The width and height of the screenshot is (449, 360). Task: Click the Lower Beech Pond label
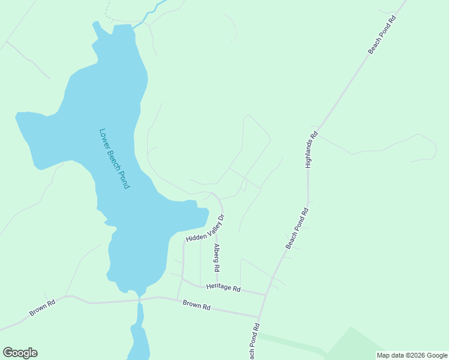coord(114,159)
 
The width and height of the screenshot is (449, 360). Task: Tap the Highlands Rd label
coord(310,150)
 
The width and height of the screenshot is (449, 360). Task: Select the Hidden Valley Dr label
coord(205,229)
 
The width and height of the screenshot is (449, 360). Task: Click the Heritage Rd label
coord(223,289)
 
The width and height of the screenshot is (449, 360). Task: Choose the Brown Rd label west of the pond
coord(43,308)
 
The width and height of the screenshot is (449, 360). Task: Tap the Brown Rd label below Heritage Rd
coord(197,306)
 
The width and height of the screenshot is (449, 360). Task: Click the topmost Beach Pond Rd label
coord(382,35)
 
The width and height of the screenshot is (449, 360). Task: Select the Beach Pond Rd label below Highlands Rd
coord(297,228)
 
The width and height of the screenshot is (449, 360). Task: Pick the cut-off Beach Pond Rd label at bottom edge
coord(255,342)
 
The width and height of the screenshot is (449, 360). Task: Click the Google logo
coord(20,352)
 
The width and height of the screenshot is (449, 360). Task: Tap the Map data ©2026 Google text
coord(412,355)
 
